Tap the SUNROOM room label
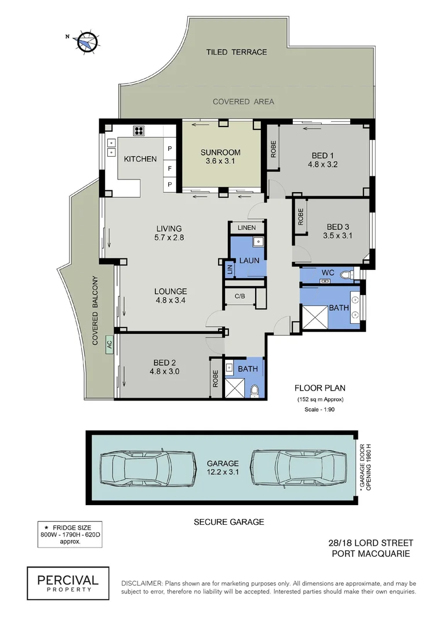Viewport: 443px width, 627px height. (x=220, y=153)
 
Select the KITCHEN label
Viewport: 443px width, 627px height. (x=139, y=158)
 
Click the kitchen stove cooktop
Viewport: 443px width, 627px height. (x=139, y=130)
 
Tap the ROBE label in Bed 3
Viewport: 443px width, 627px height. (x=301, y=216)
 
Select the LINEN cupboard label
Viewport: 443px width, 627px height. (x=246, y=228)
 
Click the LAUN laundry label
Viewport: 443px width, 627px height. (x=249, y=261)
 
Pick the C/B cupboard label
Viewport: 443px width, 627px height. (x=239, y=296)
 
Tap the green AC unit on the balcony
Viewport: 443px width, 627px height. (x=108, y=344)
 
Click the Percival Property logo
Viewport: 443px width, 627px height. (x=68, y=583)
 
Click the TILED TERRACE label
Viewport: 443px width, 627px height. (x=237, y=52)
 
